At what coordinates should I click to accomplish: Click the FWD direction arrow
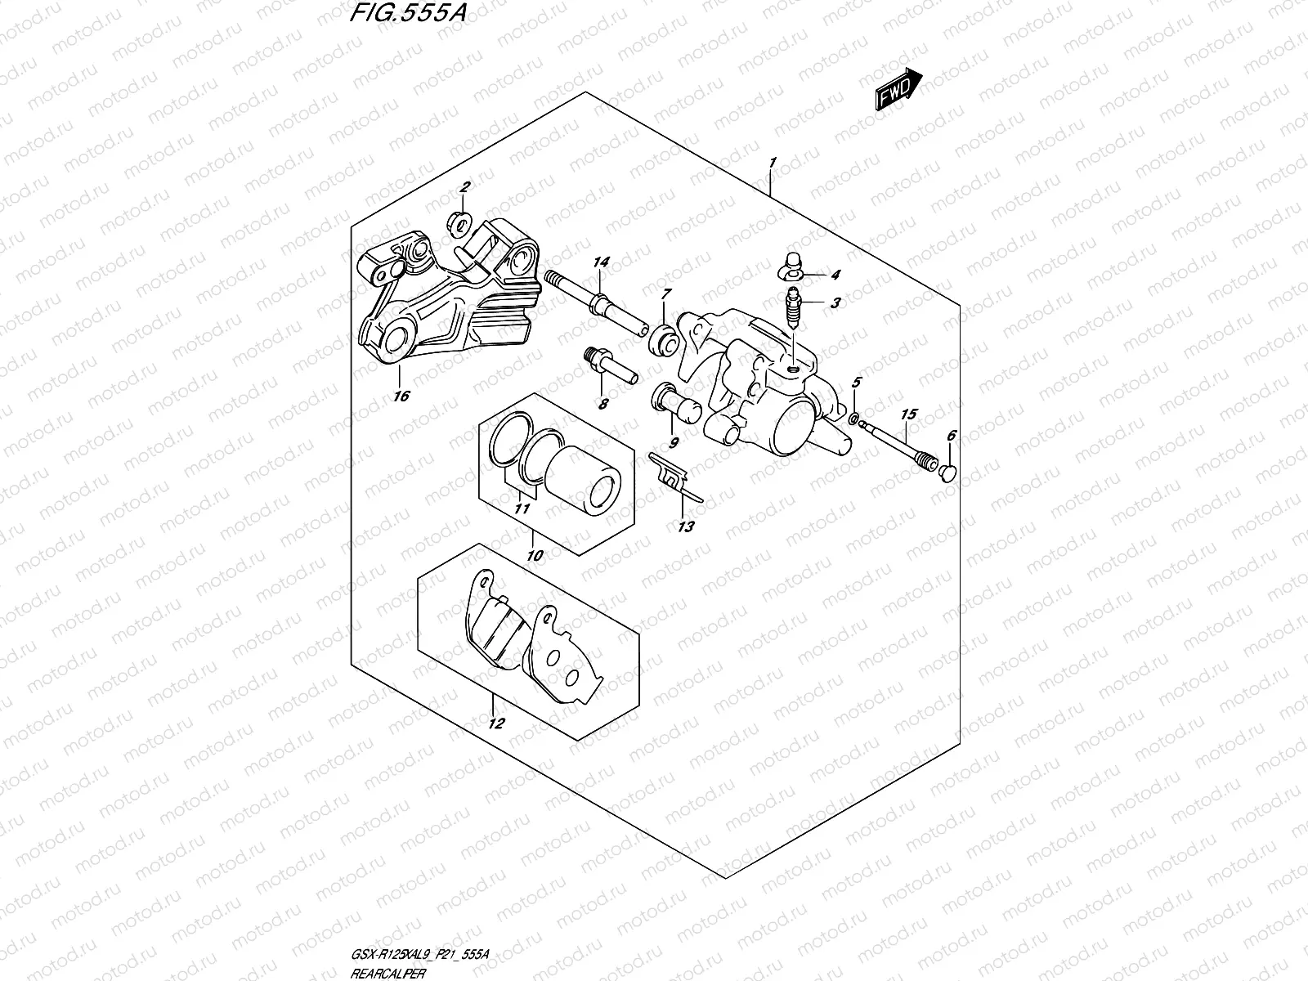point(899,89)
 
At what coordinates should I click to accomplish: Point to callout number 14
point(602,262)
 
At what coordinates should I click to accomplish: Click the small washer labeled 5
point(853,419)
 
